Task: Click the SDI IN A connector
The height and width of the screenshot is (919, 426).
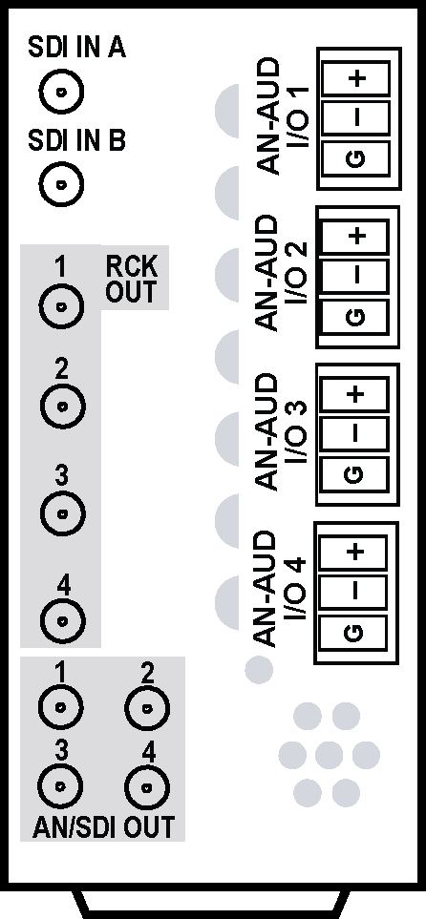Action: pos(62,92)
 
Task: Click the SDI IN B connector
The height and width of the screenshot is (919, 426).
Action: pos(62,184)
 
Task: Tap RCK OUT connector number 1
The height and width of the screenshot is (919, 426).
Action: pos(62,306)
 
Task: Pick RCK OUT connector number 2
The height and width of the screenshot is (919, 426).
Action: pos(62,406)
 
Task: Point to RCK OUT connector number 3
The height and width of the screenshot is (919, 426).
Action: pos(62,512)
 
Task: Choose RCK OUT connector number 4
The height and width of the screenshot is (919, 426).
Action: pos(62,620)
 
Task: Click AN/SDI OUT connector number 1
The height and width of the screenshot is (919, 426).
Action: pos(60,707)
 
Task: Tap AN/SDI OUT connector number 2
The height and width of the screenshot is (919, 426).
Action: pos(147,707)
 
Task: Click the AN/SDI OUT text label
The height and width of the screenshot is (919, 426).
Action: pos(103,827)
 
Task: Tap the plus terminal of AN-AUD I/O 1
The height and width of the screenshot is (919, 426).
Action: pos(357,78)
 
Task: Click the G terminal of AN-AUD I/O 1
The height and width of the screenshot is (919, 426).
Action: pos(357,158)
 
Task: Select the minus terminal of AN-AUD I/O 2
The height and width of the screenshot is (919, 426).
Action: pos(355,276)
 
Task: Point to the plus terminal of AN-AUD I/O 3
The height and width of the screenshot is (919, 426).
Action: pos(354,394)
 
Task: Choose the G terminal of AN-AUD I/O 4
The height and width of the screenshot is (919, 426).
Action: pos(353,633)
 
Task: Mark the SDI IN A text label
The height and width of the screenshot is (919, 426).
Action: pos(76,49)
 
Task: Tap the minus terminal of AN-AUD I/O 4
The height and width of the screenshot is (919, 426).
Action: pos(353,593)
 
